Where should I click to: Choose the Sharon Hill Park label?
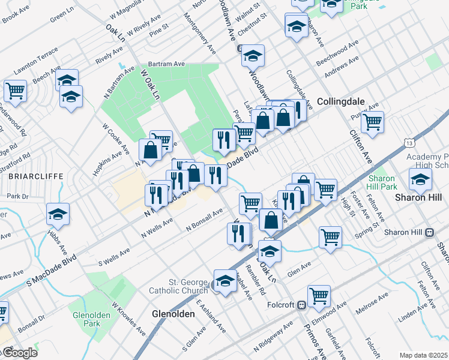(x=381, y=182)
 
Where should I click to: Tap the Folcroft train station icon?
(x=301, y=305)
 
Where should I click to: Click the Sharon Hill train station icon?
(x=429, y=232)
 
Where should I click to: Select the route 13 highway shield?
(x=409, y=143)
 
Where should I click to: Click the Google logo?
(x=19, y=352)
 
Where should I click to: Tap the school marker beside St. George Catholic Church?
(x=225, y=281)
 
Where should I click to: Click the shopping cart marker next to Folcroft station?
(x=319, y=295)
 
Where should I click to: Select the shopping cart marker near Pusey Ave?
(x=373, y=121)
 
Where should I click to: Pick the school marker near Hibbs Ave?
(x=58, y=214)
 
